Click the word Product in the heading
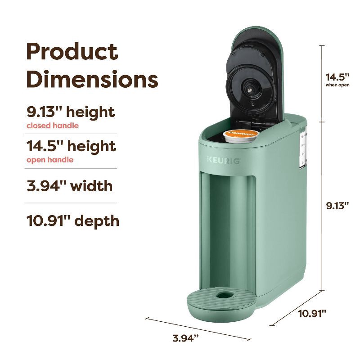click(72, 52)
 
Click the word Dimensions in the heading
click(92, 80)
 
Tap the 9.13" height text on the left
click(70, 112)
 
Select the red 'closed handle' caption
click(52, 126)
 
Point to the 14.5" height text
click(71, 146)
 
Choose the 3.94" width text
click(69, 185)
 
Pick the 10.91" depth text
click(73, 220)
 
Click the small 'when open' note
click(337, 85)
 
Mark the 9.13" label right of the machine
click(338, 206)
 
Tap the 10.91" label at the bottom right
click(312, 313)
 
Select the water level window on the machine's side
click(302, 148)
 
